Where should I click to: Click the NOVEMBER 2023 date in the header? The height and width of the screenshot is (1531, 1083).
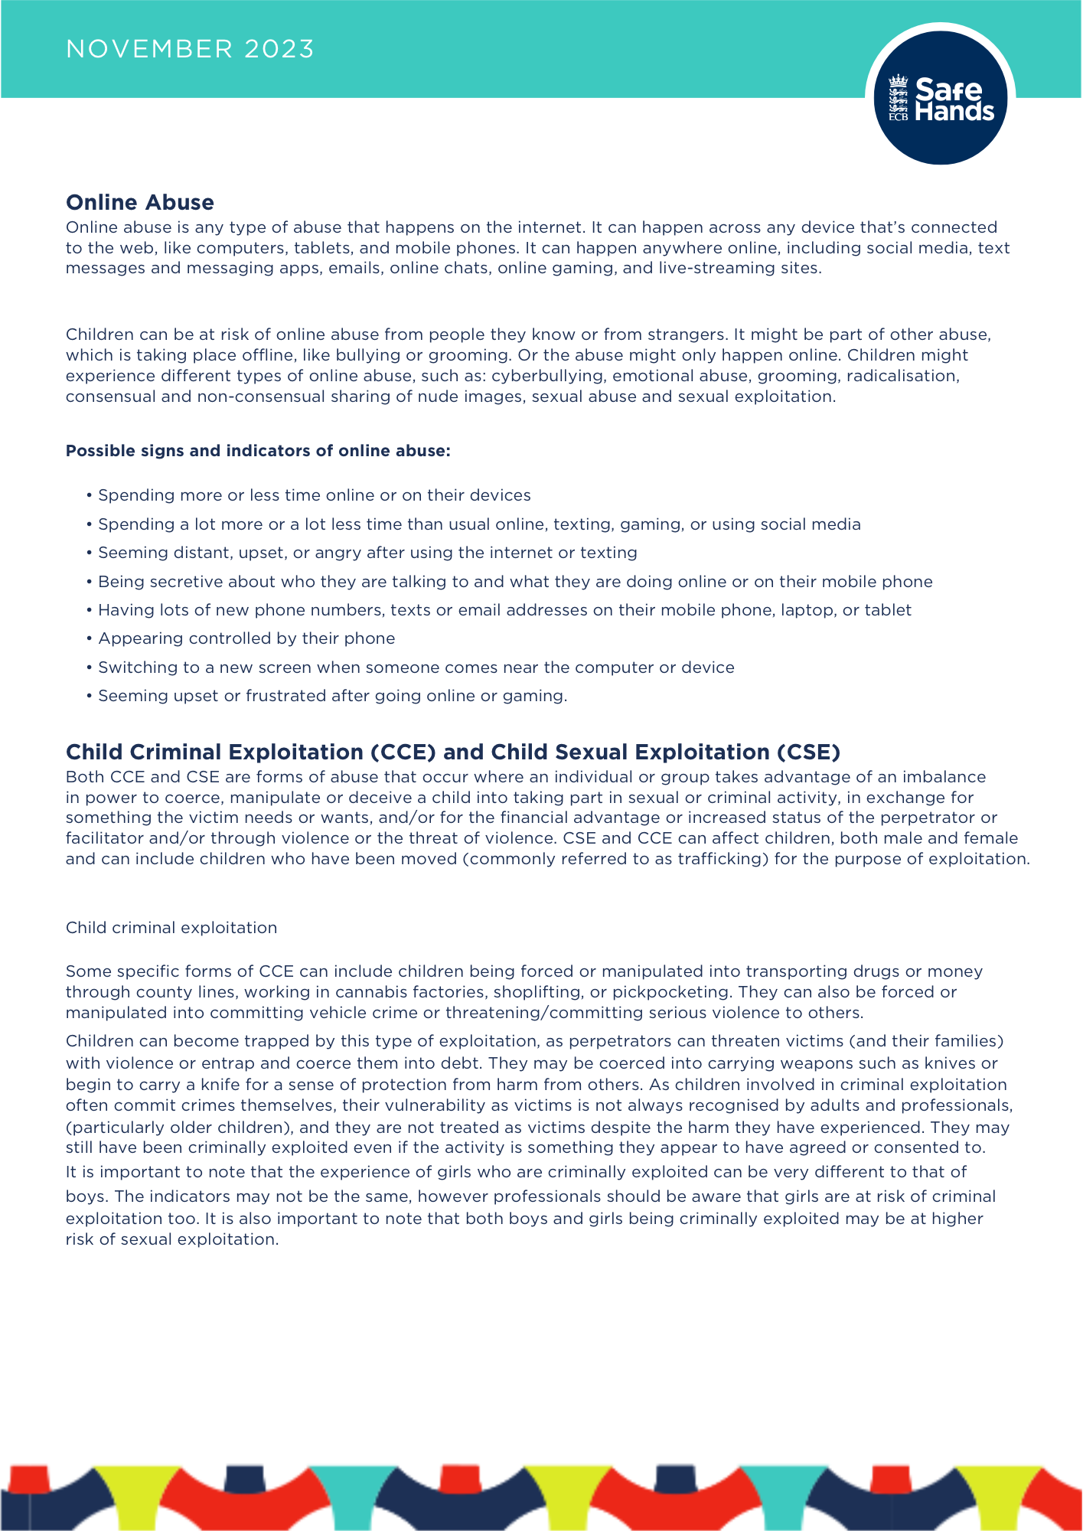[x=190, y=49]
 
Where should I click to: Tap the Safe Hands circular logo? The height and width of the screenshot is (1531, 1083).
[x=940, y=98]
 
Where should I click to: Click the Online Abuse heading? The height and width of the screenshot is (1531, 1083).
[x=140, y=202]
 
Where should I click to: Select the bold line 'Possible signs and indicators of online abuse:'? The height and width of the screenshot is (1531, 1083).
[x=258, y=451]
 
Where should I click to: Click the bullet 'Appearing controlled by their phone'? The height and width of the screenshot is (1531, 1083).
[x=246, y=638]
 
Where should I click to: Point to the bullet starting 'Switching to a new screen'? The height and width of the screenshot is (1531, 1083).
[x=416, y=668]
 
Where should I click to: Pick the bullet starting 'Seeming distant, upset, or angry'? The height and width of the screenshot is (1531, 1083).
[x=367, y=553]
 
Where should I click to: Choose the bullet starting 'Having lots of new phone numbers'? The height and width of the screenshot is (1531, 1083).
[x=504, y=610]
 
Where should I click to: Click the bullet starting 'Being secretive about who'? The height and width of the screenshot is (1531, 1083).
[x=515, y=582]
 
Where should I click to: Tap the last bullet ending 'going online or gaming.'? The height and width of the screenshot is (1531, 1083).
[x=332, y=696]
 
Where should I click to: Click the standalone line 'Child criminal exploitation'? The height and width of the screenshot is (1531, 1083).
[x=171, y=928]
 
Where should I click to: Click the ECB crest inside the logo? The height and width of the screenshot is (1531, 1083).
[x=898, y=98]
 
